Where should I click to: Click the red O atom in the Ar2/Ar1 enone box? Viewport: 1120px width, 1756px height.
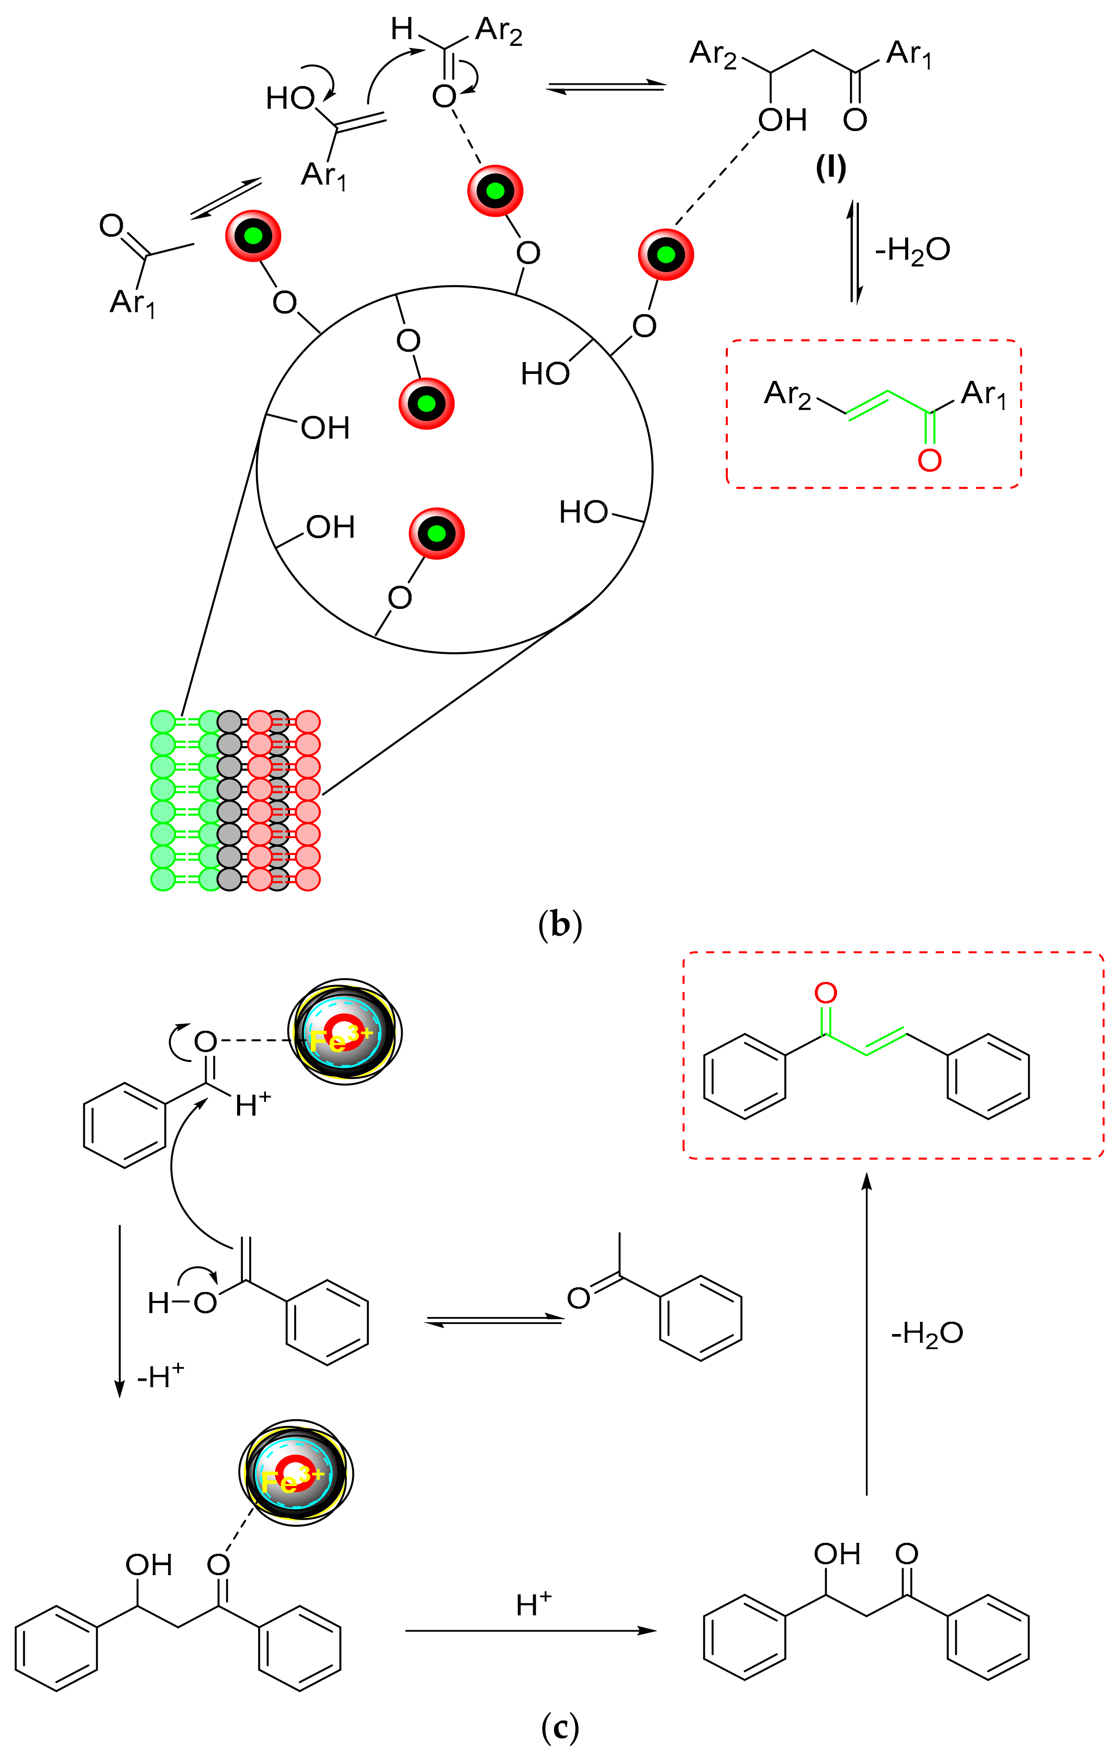[929, 460]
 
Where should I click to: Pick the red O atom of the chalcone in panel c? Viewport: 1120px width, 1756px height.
[825, 993]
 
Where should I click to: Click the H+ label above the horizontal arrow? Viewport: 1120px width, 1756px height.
[533, 1604]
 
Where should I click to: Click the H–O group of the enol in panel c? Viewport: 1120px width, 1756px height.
[182, 1303]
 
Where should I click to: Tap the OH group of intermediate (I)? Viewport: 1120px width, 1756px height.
[782, 120]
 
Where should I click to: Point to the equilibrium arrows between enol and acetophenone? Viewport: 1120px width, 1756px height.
[494, 1320]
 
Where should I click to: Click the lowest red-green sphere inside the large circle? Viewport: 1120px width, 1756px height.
[437, 534]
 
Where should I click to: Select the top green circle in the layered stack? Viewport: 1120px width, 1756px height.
[163, 722]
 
